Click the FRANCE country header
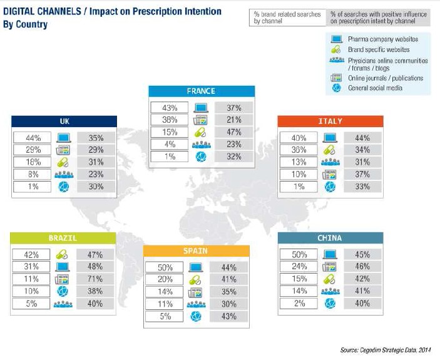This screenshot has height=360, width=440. coord(202,91)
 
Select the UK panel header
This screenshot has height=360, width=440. coord(64,121)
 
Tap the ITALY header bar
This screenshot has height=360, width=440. coord(330,121)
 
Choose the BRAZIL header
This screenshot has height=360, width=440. coord(63,239)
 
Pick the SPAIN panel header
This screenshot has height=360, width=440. coord(197,251)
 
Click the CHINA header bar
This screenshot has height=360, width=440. coord(329,239)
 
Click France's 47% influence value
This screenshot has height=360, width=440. coord(233,132)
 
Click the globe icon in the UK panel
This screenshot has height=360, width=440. coord(64,186)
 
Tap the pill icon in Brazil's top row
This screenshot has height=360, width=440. coord(64,255)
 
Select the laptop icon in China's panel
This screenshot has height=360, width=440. coord(329,255)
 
